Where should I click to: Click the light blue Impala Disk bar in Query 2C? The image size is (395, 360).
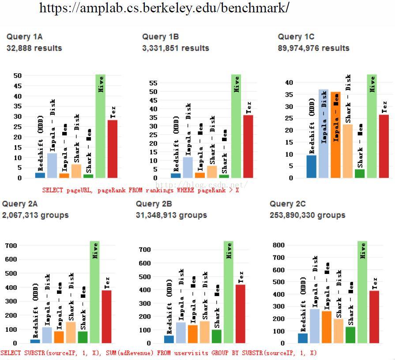coord(315,326)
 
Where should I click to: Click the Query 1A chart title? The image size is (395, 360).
coord(25,37)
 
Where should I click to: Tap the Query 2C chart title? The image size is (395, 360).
coord(287,204)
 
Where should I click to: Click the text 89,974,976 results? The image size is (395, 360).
coord(313,48)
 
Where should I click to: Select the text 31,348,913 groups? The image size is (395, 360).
coord(171,215)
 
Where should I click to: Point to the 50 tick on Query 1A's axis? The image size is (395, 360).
coord(17,75)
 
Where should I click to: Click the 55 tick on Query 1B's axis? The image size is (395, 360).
coord(153,83)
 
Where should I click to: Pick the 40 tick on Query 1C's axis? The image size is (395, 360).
coord(289,82)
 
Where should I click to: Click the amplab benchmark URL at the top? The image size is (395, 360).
coord(164,7)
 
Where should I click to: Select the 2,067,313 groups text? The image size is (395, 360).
coord(35,215)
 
